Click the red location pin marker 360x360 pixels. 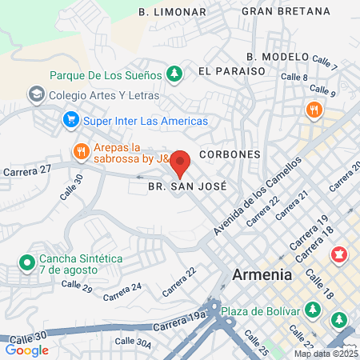180,164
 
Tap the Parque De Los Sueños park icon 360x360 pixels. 174,74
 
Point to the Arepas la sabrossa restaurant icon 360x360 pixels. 81,151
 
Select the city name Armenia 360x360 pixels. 262,274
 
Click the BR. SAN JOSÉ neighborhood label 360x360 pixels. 187,186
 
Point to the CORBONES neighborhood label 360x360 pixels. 230,153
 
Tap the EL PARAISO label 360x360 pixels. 232,70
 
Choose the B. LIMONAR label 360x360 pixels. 172,12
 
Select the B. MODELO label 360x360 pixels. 278,56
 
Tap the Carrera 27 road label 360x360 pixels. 27,170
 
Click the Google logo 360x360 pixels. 27,350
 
